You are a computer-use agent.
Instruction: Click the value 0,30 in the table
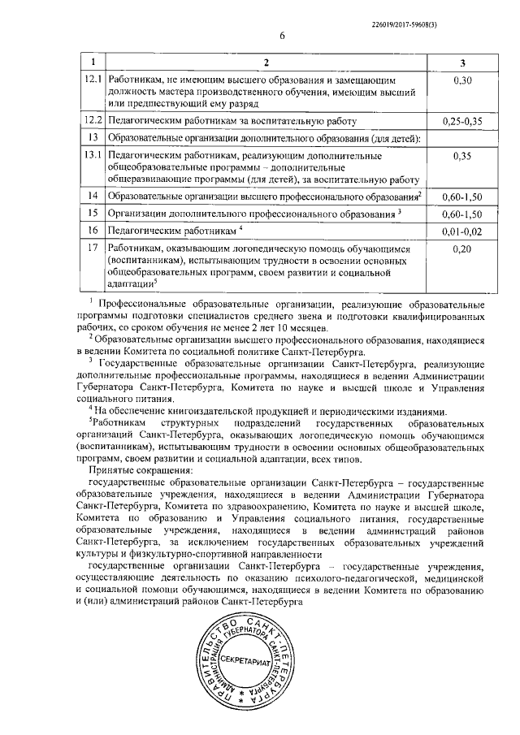point(462,80)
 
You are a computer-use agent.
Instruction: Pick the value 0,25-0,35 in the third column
point(462,121)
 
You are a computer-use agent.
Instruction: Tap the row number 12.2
point(94,121)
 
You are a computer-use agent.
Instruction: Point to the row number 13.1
point(94,154)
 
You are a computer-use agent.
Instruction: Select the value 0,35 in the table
point(462,154)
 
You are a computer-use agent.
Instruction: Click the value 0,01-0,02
point(462,231)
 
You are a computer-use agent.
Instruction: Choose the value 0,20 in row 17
point(462,249)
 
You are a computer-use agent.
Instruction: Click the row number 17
point(93,249)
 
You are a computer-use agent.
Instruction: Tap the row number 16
point(93,231)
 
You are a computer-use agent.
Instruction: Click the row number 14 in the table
point(93,196)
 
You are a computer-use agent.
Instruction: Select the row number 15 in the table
point(93,214)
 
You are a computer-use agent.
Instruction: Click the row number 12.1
point(94,80)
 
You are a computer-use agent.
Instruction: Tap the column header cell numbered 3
point(462,63)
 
